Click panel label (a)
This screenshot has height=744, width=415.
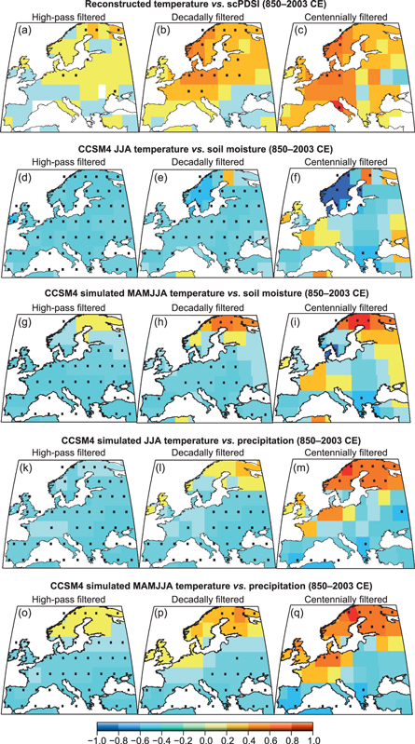[x=20, y=31]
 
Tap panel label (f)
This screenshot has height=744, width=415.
[x=289, y=178]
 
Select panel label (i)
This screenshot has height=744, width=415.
[x=289, y=323]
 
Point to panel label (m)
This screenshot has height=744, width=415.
[x=291, y=468]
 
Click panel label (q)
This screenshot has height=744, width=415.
[x=290, y=615]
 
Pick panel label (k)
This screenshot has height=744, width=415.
[x=20, y=468]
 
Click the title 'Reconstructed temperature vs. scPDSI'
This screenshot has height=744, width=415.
[x=207, y=7]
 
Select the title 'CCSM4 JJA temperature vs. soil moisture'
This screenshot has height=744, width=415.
[x=207, y=152]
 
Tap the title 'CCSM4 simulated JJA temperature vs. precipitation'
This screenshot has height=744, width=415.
[x=207, y=442]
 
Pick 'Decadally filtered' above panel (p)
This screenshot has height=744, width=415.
[x=207, y=599]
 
